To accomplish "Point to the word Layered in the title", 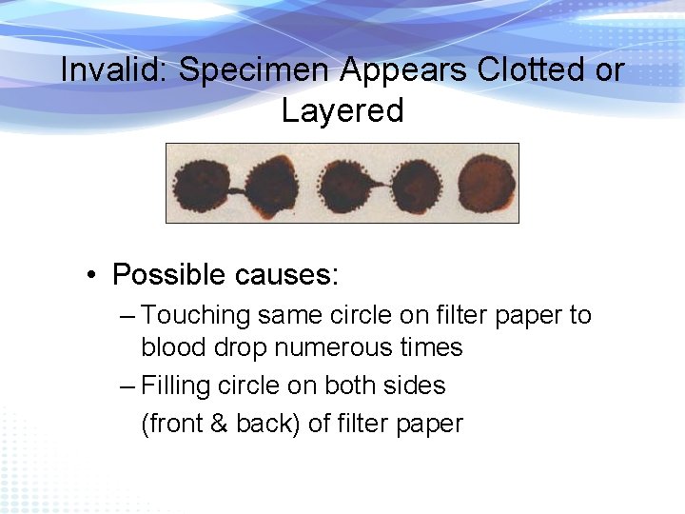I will [342, 110].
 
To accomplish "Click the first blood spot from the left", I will [199, 184].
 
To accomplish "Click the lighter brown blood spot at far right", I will [486, 183].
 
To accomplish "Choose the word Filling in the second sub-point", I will [174, 385].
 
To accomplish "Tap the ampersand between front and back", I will [219, 424].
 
